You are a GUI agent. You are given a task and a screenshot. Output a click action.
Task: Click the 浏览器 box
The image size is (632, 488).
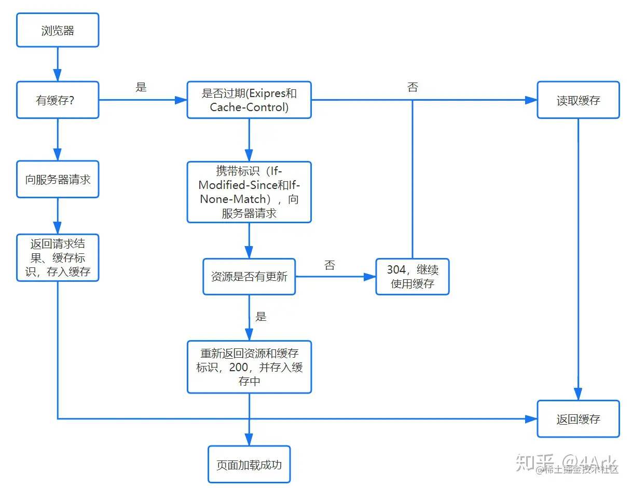coord(58,31)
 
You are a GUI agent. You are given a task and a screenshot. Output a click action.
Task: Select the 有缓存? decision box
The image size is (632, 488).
coord(58,100)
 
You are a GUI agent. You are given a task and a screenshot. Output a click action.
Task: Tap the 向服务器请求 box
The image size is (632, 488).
coord(58,180)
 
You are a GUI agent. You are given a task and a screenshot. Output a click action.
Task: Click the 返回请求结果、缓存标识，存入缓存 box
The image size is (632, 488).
coord(58,258)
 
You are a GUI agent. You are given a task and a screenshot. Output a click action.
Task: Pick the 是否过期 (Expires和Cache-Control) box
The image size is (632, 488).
coord(249,100)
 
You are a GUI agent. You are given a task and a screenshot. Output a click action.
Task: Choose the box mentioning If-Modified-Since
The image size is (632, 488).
coord(249,192)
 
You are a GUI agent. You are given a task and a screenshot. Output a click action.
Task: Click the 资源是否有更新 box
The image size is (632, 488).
coord(249,277)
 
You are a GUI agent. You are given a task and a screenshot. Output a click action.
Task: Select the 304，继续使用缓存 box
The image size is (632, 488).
coord(413,277)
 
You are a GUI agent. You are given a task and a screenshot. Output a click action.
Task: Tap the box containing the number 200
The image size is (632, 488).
coord(249,367)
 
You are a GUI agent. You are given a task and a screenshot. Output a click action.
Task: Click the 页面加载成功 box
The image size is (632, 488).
coord(249,465)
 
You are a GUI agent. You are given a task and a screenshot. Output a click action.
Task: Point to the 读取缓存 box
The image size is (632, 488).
coord(578,100)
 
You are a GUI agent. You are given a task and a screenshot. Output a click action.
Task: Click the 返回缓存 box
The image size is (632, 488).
coord(578,419)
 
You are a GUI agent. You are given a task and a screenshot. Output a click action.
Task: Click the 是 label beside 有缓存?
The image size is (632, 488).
coord(141,87)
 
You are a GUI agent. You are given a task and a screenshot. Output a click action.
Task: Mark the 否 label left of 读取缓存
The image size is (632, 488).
coord(413,87)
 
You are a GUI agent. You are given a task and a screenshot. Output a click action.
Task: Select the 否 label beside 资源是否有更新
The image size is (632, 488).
coord(329,265)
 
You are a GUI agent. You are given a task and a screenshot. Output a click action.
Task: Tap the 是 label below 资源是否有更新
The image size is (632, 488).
coord(261,316)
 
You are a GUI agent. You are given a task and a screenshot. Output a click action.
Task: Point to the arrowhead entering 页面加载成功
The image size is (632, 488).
coord(249,440)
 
